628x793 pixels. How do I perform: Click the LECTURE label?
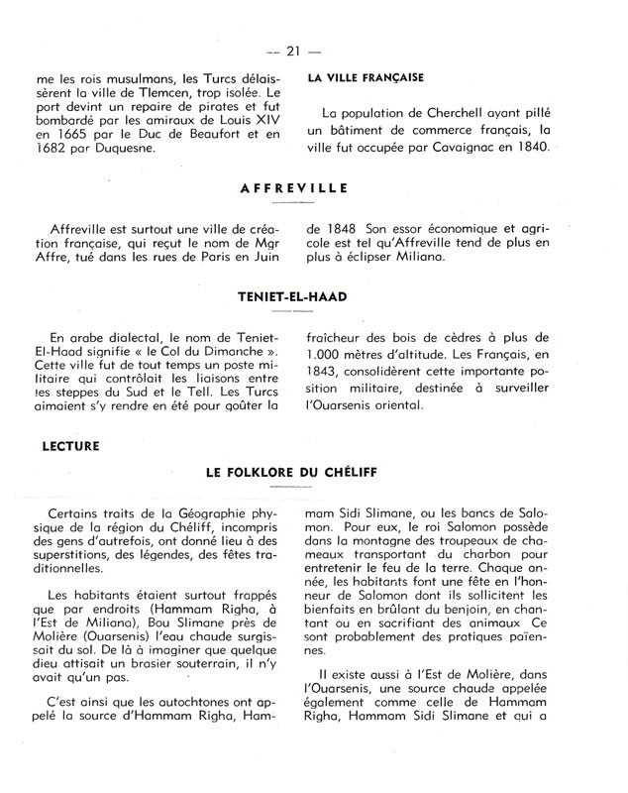[70, 446]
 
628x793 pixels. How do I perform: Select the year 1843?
[326, 370]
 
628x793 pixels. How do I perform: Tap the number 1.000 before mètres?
[327, 353]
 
